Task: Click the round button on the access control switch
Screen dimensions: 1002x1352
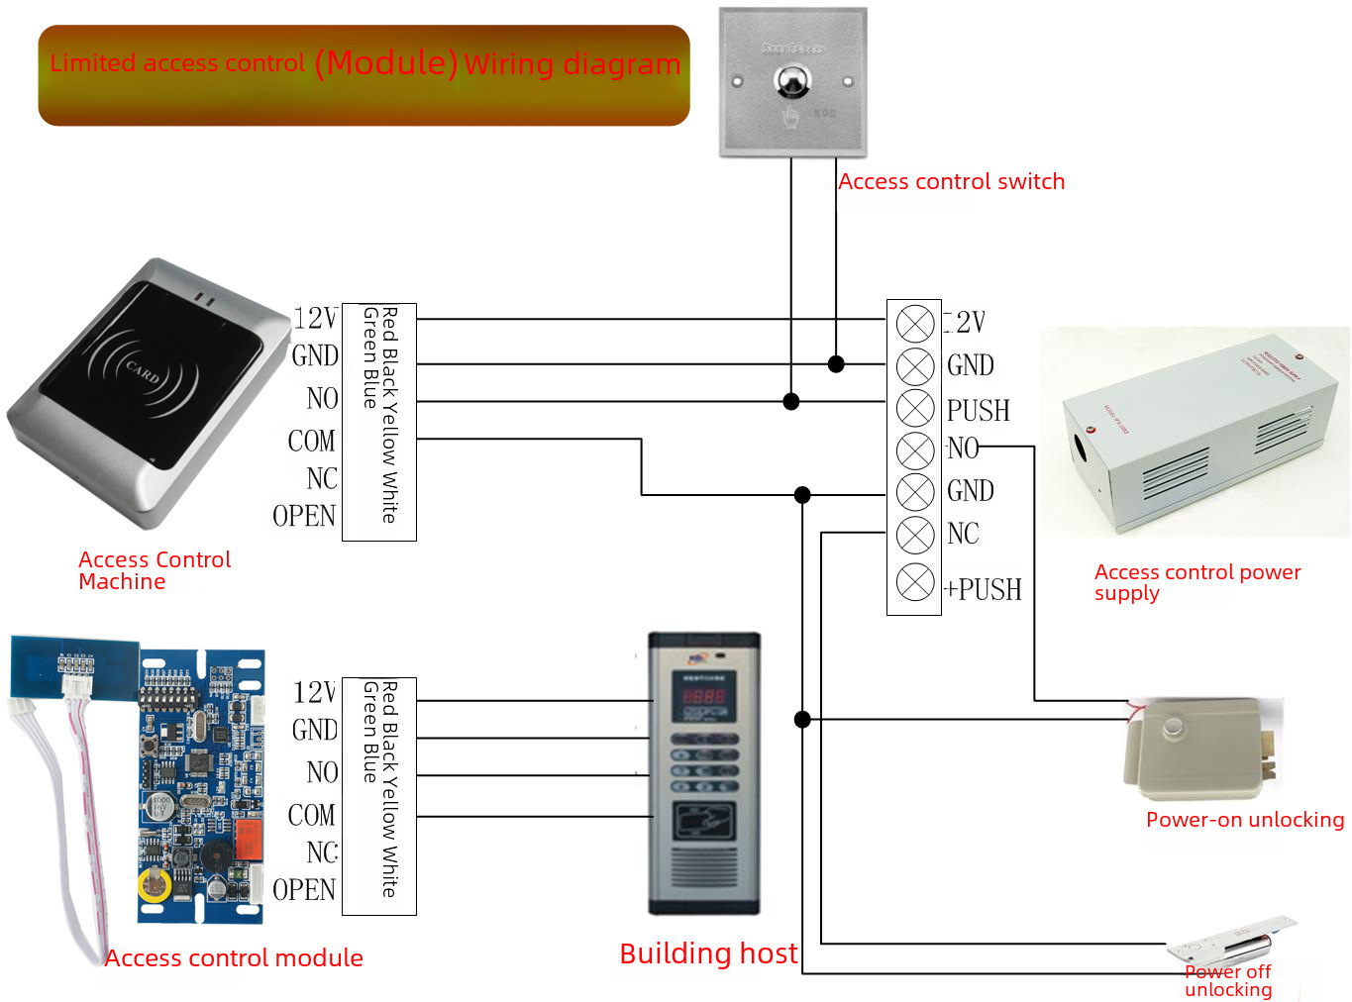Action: coord(791,81)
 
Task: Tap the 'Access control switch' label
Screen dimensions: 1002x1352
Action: coord(951,182)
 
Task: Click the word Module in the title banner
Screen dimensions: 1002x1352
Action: coord(386,63)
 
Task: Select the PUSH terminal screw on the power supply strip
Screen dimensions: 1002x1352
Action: coord(914,408)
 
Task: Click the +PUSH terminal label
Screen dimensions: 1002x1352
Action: coord(983,590)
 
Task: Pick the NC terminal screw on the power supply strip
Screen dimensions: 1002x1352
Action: coord(914,535)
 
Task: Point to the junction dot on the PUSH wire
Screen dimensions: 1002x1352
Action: coord(790,401)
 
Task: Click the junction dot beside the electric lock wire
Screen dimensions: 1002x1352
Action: coord(802,719)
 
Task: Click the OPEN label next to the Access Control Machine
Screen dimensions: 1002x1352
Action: coord(304,517)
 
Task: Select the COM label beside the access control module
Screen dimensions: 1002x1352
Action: coord(311,816)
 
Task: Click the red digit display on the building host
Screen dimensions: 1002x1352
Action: coord(703,696)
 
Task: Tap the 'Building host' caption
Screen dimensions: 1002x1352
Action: coord(707,953)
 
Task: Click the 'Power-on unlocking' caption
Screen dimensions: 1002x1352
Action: coord(1244,820)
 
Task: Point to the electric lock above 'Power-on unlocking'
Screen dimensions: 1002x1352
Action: coord(1198,748)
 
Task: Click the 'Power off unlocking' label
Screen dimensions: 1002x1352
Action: coord(1228,980)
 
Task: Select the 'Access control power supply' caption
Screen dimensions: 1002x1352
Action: coord(1196,582)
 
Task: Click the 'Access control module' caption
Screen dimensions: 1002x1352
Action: coord(234,958)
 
